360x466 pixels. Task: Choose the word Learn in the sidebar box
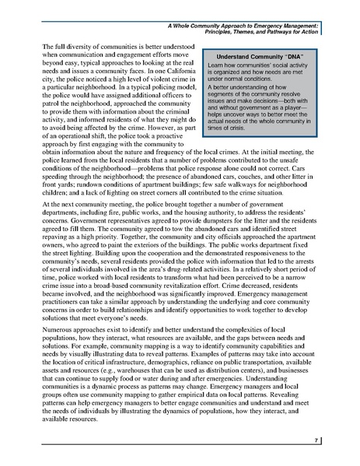coord(197,68)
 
